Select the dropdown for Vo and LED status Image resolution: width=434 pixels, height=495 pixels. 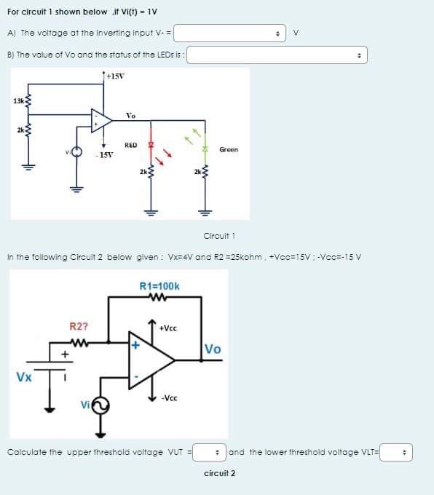click(278, 55)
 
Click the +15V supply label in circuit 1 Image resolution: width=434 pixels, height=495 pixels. click(115, 76)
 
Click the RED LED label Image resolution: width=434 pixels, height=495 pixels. click(131, 146)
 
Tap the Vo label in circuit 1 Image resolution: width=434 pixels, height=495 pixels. click(130, 115)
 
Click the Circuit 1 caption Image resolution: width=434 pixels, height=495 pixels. click(218, 235)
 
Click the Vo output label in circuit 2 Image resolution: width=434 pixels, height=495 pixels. click(213, 348)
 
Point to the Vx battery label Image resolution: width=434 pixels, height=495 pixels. click(24, 377)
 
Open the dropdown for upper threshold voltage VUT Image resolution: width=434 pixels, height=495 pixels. click(209, 452)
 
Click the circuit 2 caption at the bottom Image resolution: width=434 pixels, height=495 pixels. click(219, 473)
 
